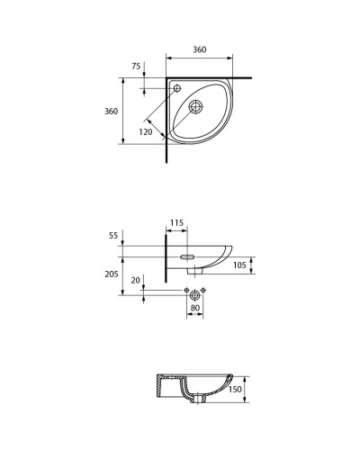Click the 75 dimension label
pyautogui.click(x=136, y=66)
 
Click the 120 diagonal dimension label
pyautogui.click(x=146, y=130)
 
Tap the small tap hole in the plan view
pyautogui.click(x=177, y=88)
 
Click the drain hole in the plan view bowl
pyautogui.click(x=197, y=107)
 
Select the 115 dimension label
pyautogui.click(x=176, y=222)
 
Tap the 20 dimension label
pyautogui.click(x=136, y=279)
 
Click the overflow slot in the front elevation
pyautogui.click(x=188, y=257)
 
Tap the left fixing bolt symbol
pyautogui.click(x=185, y=291)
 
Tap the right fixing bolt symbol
pyautogui.click(x=205, y=291)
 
